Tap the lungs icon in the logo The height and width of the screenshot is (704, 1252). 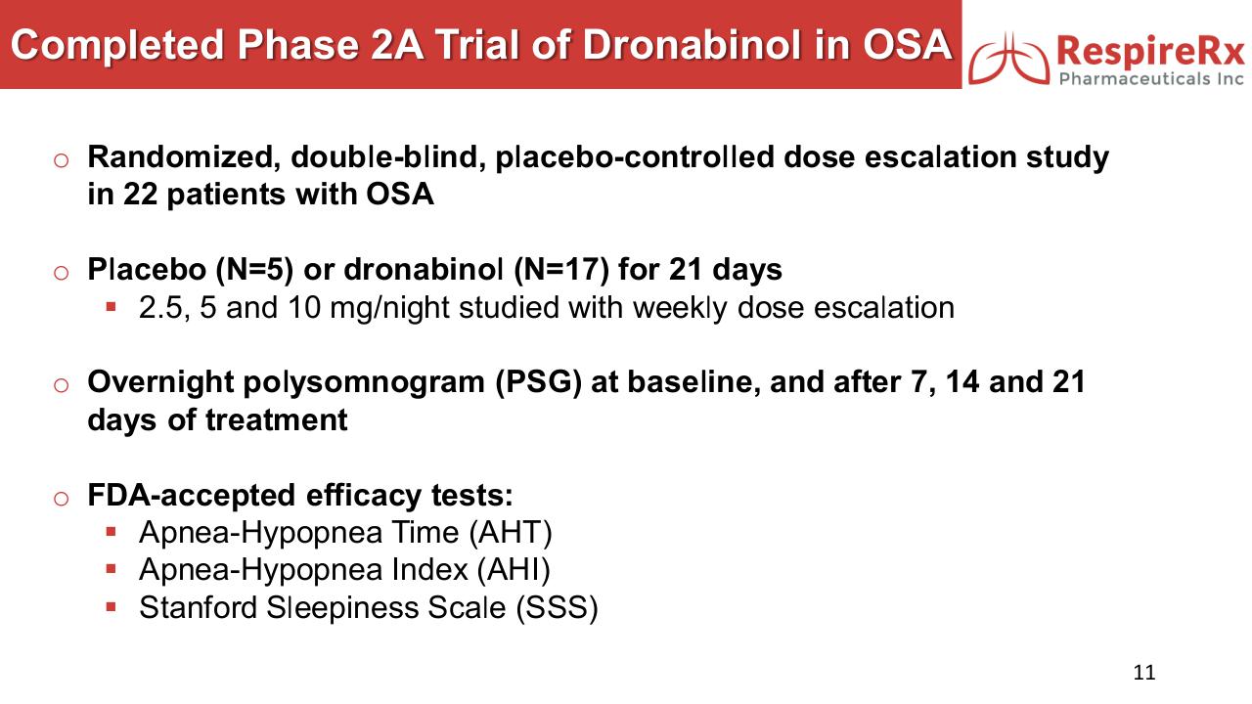pyautogui.click(x=1009, y=58)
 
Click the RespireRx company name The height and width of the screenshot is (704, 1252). pyautogui.click(x=1151, y=51)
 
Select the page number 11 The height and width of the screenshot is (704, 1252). pyautogui.click(x=1144, y=672)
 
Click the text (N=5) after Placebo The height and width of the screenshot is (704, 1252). pyautogui.click(x=254, y=270)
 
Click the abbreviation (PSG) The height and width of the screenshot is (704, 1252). pyautogui.click(x=538, y=382)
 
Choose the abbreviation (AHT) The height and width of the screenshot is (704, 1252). pyautogui.click(x=511, y=533)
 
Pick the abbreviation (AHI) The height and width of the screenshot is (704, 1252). pyautogui.click(x=514, y=570)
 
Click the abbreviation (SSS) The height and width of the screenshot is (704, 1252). pyautogui.click(x=557, y=608)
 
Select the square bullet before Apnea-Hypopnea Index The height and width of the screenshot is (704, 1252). pyautogui.click(x=111, y=569)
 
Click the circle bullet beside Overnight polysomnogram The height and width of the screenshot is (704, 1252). pyautogui.click(x=61, y=385)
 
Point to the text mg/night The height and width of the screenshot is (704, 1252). pyautogui.click(x=389, y=308)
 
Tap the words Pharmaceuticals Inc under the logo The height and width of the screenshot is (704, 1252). pyautogui.click(x=1151, y=79)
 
